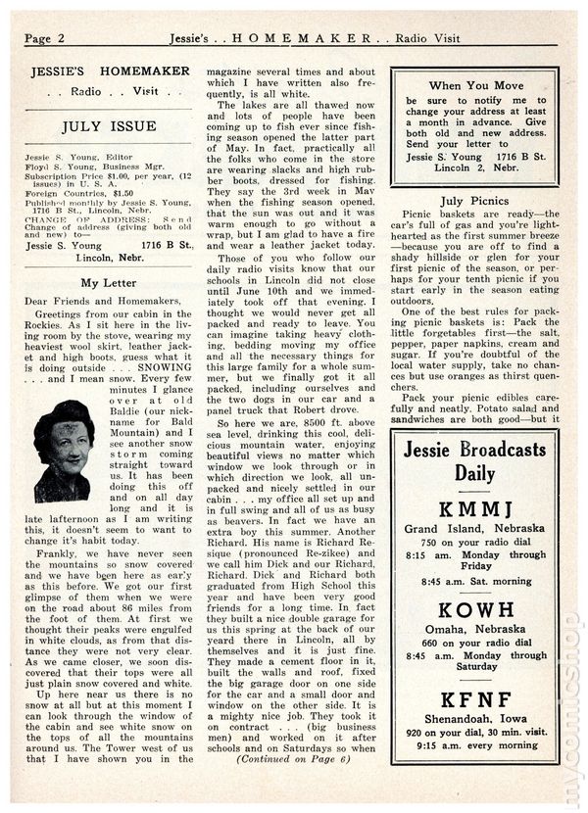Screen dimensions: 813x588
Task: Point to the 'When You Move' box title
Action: (473, 86)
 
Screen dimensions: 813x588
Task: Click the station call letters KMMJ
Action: (473, 509)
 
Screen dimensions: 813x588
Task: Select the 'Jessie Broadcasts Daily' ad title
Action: (473, 460)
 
